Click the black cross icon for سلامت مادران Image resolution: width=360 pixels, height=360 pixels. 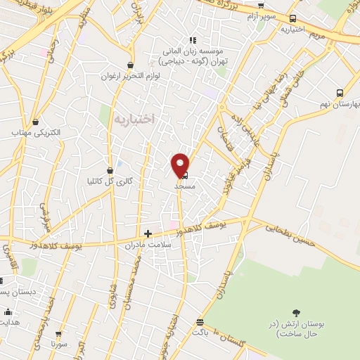click(148, 233)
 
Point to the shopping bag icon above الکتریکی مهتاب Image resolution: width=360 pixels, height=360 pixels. click(33, 120)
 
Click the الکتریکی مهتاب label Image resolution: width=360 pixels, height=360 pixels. click(35, 132)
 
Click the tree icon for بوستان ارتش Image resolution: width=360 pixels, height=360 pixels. click(295, 313)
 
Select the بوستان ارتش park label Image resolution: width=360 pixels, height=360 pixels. click(295, 328)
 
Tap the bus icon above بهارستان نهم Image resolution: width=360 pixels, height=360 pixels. click(340, 93)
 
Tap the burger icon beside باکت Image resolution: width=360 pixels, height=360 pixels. click(200, 321)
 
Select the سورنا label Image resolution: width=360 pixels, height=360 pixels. click(58, 345)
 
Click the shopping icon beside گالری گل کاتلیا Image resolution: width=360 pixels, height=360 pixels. click(110, 170)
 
